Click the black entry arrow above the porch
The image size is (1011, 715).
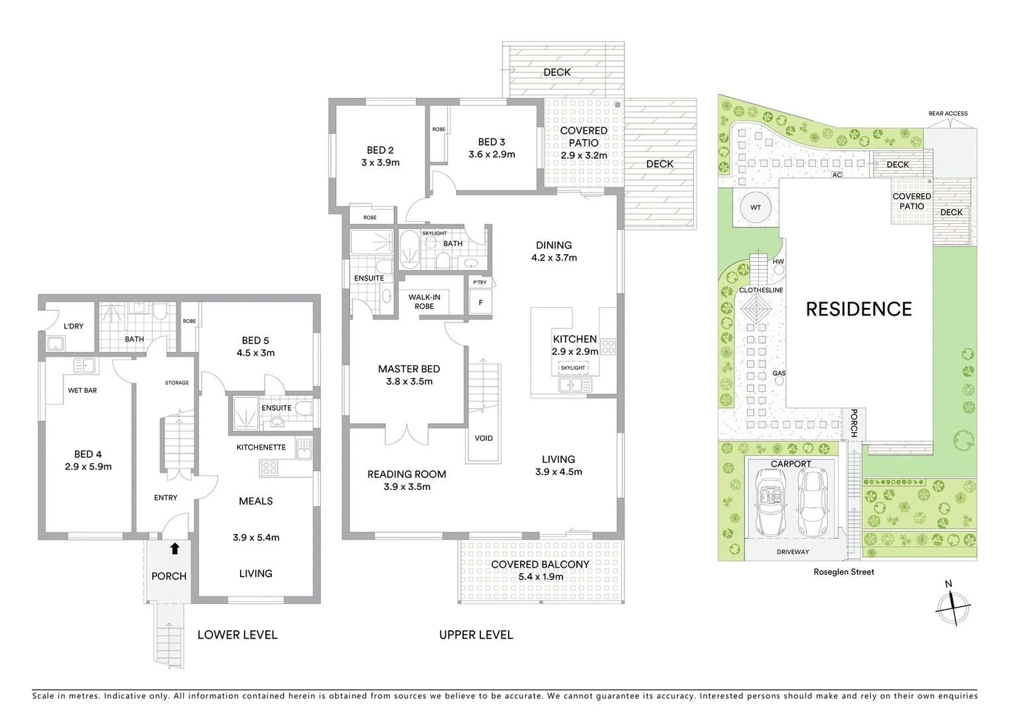(x=175, y=548)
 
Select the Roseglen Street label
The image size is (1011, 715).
(x=843, y=572)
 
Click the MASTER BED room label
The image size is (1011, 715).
(x=408, y=369)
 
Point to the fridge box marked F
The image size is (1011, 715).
(x=480, y=303)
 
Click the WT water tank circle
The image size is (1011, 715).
(x=755, y=208)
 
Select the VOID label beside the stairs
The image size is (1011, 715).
(x=483, y=438)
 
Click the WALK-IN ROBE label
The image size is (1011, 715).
(x=424, y=302)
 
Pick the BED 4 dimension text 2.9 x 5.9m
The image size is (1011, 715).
(x=88, y=467)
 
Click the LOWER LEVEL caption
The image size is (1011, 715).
(x=237, y=635)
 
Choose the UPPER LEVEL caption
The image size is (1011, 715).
(x=476, y=635)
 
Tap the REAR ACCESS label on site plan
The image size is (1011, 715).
(x=947, y=114)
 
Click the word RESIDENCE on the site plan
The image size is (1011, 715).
(x=858, y=309)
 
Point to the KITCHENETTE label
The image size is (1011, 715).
(x=261, y=448)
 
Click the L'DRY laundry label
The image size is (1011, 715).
(x=73, y=326)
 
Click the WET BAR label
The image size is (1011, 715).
(x=82, y=391)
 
